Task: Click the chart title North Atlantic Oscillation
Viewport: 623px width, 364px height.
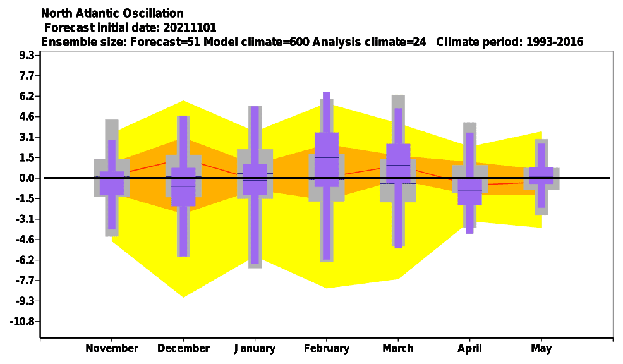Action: (112, 13)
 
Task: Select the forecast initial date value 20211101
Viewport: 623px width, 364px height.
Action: (190, 28)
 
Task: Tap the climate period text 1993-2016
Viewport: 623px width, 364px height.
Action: (555, 42)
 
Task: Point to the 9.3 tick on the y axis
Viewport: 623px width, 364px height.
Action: (27, 55)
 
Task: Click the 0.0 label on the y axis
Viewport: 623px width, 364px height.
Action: (27, 178)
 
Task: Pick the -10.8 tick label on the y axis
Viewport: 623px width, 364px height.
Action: (25, 322)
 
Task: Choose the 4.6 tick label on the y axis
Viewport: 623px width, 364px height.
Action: (27, 117)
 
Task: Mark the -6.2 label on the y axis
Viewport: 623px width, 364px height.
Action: (25, 260)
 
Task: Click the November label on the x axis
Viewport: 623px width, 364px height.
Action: (112, 348)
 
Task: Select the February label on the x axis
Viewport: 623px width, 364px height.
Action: (327, 348)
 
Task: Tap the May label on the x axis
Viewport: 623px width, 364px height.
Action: (541, 349)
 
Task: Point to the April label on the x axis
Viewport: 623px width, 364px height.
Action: (469, 349)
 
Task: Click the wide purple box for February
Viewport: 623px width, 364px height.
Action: (327, 159)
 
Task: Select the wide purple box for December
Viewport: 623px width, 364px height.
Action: (183, 187)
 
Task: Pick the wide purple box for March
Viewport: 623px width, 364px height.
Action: (398, 163)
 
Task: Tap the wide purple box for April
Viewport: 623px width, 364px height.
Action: (469, 191)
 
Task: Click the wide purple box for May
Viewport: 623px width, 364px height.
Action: (541, 175)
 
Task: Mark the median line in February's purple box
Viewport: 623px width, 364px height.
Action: (327, 158)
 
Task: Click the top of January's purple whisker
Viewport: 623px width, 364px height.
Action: (255, 107)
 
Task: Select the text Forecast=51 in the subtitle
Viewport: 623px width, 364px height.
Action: (165, 42)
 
